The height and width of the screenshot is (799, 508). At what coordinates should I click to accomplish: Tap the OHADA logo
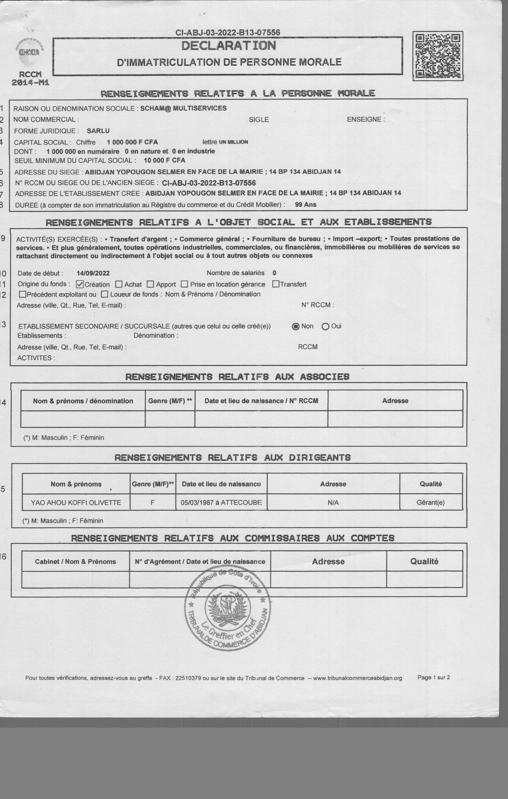[x=29, y=53]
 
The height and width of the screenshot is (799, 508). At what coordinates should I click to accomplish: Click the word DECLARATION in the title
[x=228, y=46]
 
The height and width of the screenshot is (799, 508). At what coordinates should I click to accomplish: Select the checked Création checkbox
[x=80, y=284]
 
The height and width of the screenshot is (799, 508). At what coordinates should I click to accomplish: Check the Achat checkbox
[x=119, y=284]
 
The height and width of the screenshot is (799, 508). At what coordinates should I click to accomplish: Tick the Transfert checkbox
[x=276, y=284]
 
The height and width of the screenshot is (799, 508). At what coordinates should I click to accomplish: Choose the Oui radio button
[x=325, y=326]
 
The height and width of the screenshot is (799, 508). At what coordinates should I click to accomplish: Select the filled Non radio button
[x=295, y=326]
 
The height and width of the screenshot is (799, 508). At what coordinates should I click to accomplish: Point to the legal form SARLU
[x=98, y=131]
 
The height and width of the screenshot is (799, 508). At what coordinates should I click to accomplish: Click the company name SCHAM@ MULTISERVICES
[x=183, y=108]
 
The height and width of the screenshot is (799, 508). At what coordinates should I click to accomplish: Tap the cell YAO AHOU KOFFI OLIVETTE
[x=76, y=502]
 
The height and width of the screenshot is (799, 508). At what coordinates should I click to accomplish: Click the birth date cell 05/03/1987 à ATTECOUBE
[x=221, y=502]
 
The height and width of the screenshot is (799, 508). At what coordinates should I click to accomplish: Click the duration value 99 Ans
[x=305, y=204]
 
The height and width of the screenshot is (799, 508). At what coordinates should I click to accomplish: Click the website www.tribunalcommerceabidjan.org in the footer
[x=357, y=678]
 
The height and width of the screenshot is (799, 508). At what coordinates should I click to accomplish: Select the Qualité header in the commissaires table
[x=424, y=561]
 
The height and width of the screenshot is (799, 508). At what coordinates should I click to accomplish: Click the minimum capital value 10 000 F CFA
[x=164, y=160]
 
